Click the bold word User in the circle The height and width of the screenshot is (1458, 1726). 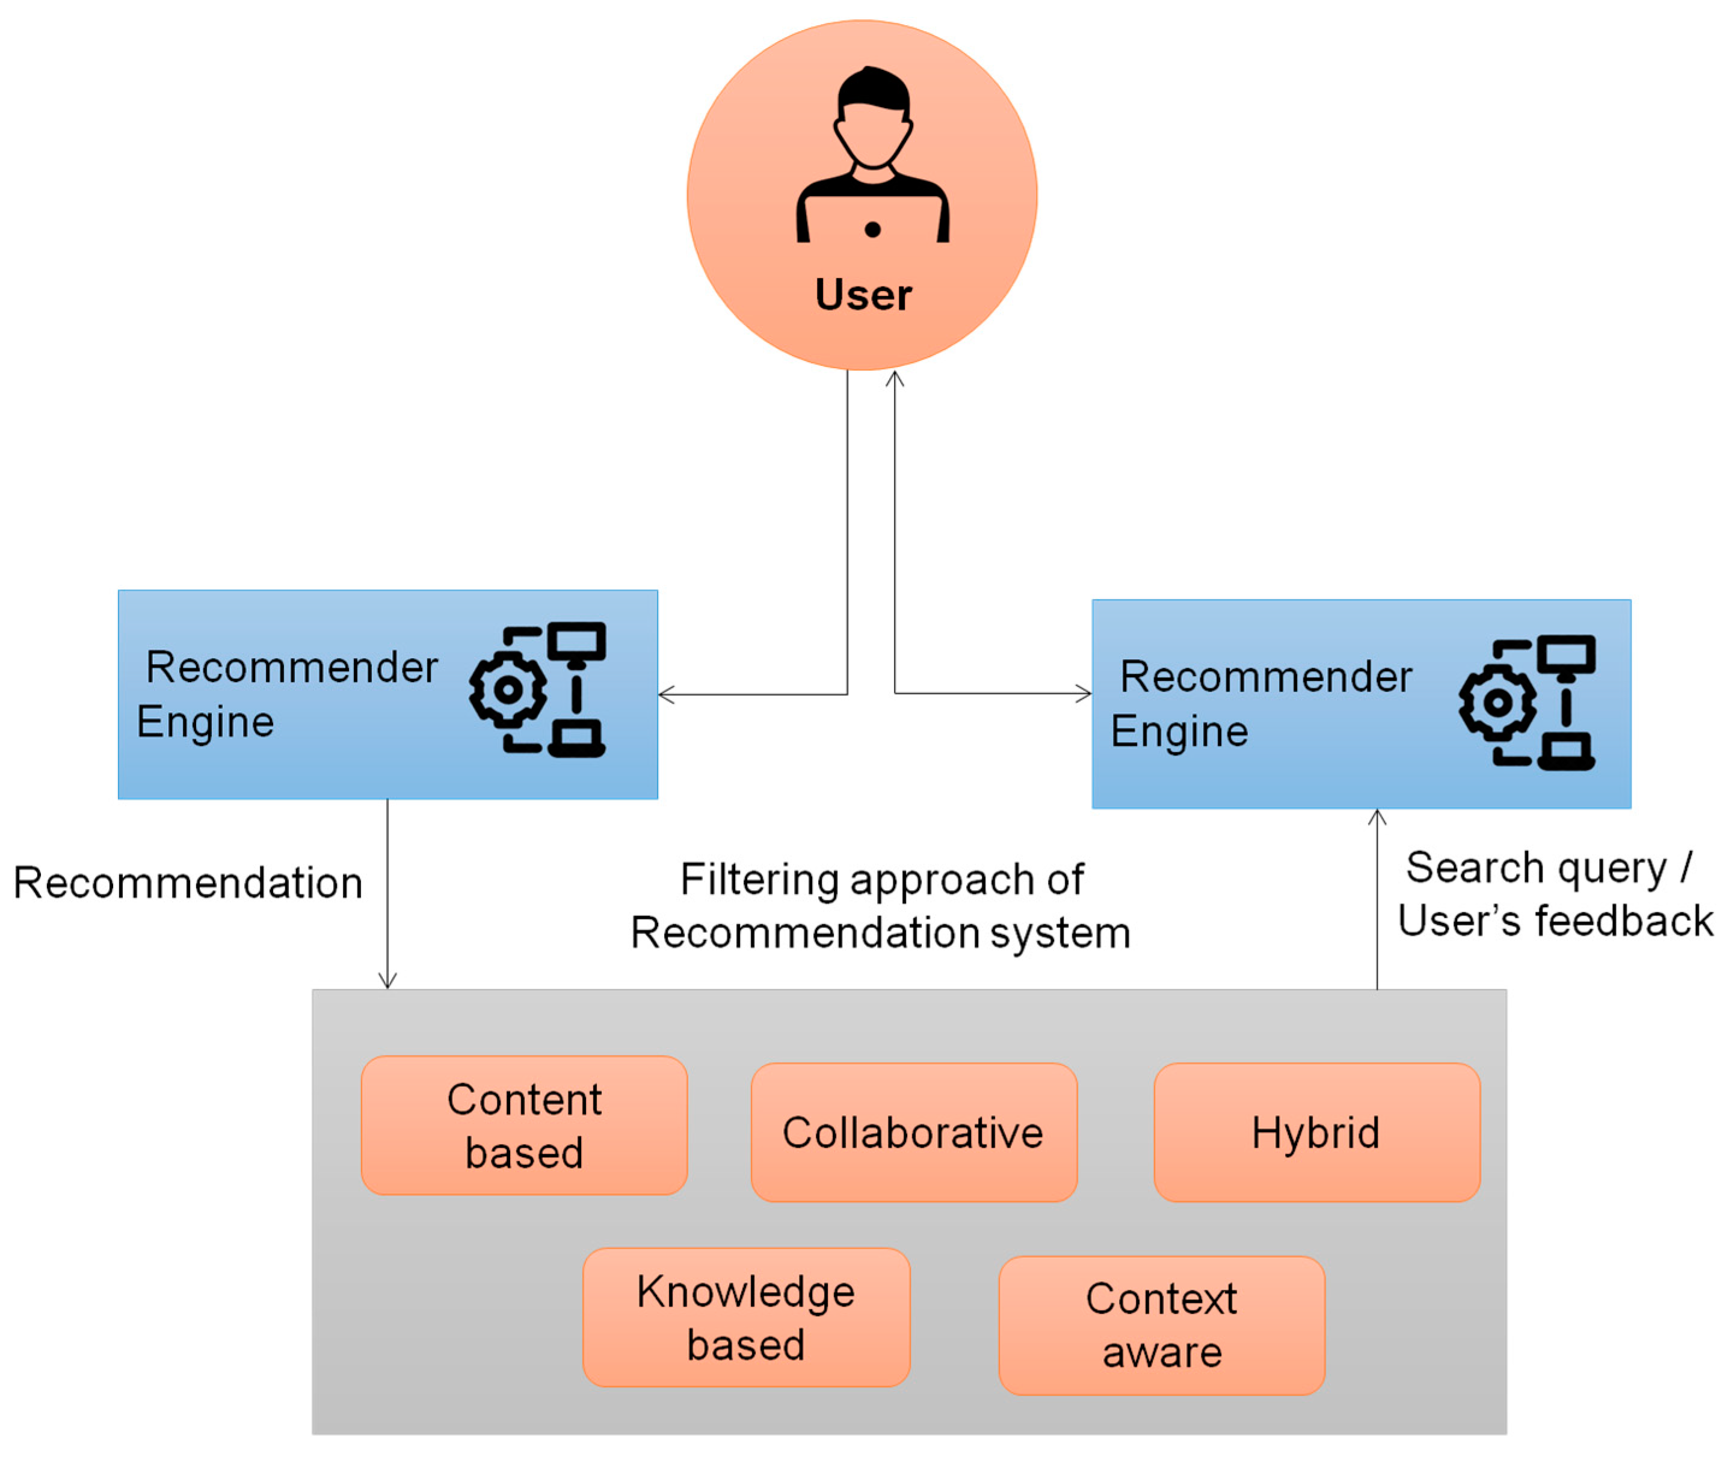(x=862, y=295)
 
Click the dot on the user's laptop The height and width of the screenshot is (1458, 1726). (x=872, y=230)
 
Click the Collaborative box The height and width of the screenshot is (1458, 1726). (x=913, y=1133)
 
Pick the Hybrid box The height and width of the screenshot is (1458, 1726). (x=1315, y=1133)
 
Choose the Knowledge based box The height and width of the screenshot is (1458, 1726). (x=745, y=1317)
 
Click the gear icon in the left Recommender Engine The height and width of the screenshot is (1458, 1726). (x=508, y=689)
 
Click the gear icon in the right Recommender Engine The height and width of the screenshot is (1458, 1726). (x=1497, y=703)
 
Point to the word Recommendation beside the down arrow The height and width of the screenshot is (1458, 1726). (x=188, y=883)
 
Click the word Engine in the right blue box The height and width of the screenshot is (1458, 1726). (x=1178, y=732)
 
